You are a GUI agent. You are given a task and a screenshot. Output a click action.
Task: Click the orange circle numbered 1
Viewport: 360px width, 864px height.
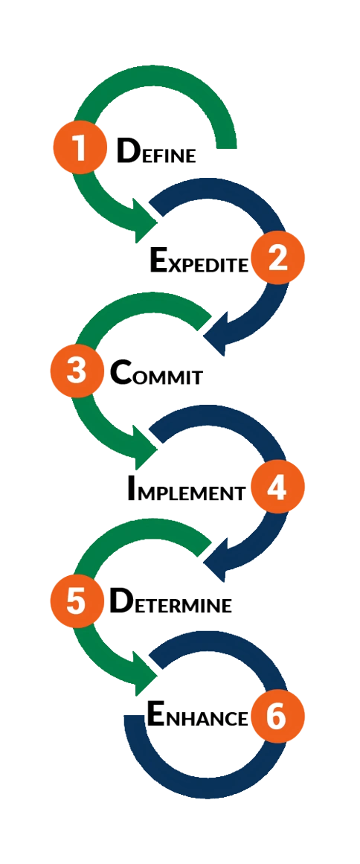tap(80, 147)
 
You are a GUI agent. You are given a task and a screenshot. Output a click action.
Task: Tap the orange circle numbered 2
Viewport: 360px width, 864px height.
tap(277, 258)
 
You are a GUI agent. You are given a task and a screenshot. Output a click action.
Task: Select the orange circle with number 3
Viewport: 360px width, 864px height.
tap(77, 371)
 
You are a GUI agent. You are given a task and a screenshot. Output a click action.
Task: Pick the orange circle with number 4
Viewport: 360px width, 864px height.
tap(277, 487)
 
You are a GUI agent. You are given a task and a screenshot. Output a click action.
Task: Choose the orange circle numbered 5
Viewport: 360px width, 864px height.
tap(77, 601)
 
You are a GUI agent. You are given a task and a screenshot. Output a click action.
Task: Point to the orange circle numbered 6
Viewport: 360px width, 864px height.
tap(277, 717)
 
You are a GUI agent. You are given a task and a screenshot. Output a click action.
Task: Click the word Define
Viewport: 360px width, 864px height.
tap(156, 150)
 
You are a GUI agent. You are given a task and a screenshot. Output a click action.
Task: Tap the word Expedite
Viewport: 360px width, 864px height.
tap(199, 260)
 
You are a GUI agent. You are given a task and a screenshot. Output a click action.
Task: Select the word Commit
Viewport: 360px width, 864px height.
tap(156, 373)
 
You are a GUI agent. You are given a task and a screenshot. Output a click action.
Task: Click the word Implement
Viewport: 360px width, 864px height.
tap(186, 488)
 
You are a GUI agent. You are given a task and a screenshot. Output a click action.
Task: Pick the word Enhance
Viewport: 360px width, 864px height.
tap(196, 717)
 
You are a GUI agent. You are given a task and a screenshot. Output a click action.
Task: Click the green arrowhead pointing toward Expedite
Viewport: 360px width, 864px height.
tap(144, 221)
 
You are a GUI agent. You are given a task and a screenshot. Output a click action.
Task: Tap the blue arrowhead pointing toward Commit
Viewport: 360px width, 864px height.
tap(216, 332)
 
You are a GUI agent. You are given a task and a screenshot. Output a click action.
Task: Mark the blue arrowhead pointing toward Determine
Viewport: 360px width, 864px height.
tap(216, 559)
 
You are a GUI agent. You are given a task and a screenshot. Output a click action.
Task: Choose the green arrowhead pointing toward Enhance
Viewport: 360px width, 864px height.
tap(144, 673)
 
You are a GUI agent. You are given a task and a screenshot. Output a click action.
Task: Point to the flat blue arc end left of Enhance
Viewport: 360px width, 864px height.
tap(135, 717)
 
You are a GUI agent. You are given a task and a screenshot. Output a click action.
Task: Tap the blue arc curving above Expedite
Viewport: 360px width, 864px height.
tap(231, 188)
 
